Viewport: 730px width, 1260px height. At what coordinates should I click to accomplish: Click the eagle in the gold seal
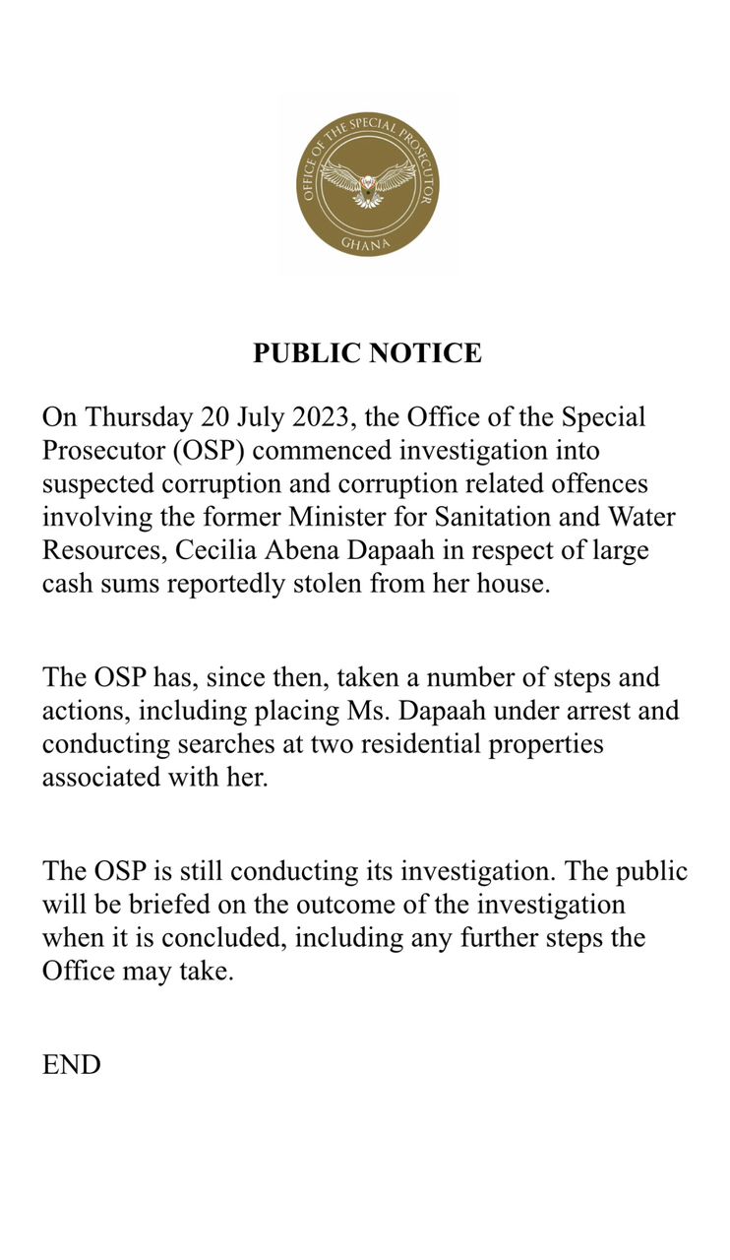(x=367, y=183)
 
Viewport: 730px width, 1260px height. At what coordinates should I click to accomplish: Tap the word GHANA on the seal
(x=367, y=242)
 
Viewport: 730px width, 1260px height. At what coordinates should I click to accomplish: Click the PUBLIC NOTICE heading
(x=367, y=353)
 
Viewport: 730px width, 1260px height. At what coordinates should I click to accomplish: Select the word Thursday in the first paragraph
(x=138, y=416)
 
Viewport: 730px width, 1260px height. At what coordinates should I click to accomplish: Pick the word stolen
(x=329, y=583)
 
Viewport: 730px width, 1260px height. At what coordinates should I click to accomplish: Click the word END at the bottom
(x=71, y=1064)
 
